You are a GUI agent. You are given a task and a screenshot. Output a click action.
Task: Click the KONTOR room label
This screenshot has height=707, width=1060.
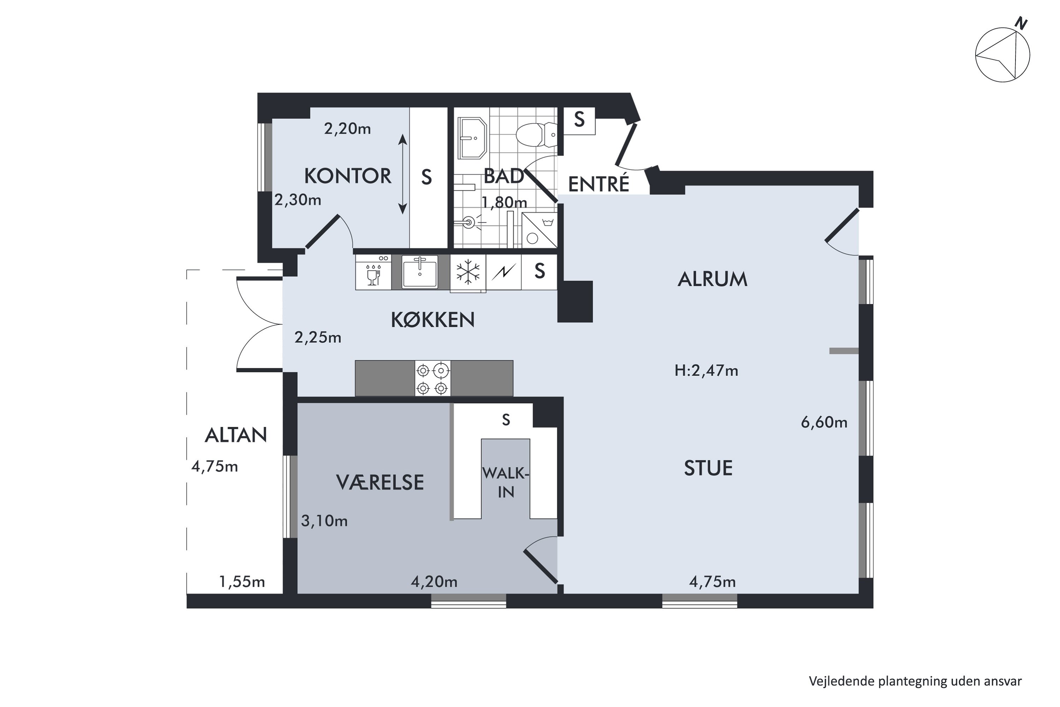[x=347, y=176]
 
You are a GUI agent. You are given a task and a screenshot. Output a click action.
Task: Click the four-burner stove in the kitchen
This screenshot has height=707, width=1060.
[x=432, y=378]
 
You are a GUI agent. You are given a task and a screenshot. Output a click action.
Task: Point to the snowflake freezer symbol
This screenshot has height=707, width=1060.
[x=468, y=272]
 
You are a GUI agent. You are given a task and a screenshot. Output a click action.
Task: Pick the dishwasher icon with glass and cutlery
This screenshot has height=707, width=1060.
[x=373, y=272]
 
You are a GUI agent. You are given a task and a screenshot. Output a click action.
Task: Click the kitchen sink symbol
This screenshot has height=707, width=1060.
[x=420, y=271]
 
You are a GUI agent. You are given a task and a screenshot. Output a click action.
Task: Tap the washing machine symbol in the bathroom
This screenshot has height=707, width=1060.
[x=540, y=230]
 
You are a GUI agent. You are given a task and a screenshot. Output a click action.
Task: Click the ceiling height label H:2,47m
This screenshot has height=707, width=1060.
[x=706, y=370]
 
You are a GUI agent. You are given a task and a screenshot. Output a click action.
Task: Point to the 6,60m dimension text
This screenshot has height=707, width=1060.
[x=824, y=422]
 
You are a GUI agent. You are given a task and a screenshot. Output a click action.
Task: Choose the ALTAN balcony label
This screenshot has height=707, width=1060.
[x=236, y=435]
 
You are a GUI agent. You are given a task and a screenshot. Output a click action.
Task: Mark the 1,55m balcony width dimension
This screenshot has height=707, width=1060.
[x=242, y=582]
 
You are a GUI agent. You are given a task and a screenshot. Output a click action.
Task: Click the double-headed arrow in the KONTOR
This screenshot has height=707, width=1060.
[x=402, y=174]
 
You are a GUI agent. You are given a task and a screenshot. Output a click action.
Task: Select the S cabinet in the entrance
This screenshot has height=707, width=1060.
[x=579, y=121]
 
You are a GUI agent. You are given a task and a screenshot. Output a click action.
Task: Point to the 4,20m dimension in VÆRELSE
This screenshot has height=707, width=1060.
[x=434, y=582]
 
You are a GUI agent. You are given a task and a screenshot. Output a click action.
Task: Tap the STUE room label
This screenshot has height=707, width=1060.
[x=708, y=468]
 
